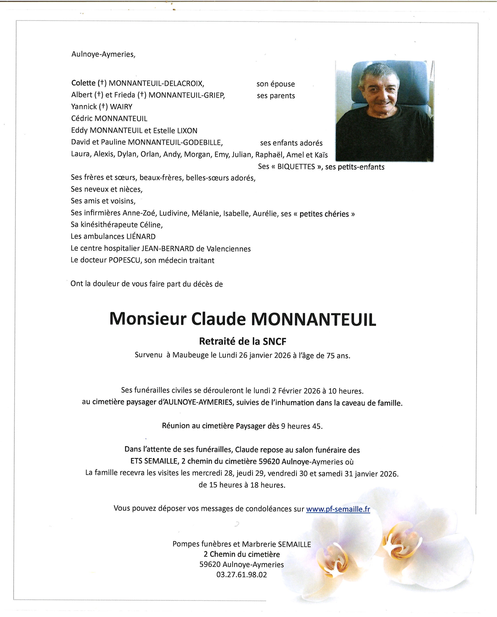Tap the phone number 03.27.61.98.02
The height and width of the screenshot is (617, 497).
tap(241, 574)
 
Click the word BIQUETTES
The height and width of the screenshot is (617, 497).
tap(296, 167)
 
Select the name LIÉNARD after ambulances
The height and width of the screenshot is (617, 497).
tap(141, 236)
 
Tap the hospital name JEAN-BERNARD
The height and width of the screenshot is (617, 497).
tap(168, 249)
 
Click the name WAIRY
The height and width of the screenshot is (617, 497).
tap(121, 107)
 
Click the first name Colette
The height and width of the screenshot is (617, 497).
tap(83, 83)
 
